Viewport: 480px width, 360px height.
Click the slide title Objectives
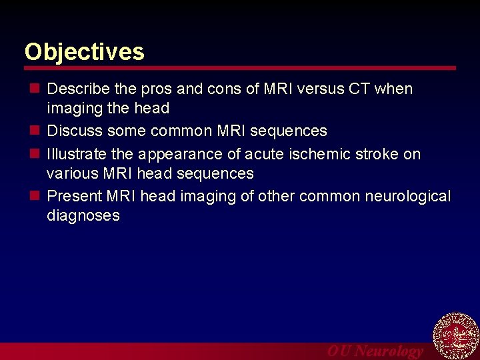point(84,52)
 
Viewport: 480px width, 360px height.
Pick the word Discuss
point(75,131)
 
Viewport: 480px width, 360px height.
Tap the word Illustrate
point(77,155)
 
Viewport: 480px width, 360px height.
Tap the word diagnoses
point(83,216)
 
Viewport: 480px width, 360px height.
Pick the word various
point(72,174)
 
